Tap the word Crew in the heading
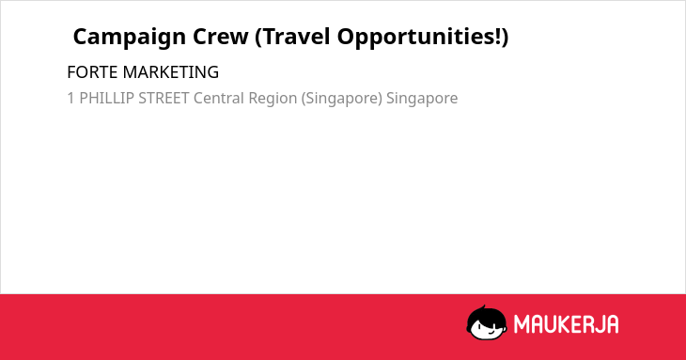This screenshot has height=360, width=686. click(x=221, y=37)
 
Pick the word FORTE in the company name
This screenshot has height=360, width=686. click(x=93, y=72)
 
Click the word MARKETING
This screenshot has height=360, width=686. click(x=171, y=72)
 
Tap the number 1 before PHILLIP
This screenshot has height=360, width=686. click(x=70, y=98)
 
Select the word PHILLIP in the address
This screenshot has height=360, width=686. click(x=106, y=98)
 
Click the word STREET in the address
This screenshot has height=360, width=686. click(x=164, y=98)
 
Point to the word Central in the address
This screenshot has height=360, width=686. click(x=219, y=98)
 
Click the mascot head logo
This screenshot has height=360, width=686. click(x=487, y=322)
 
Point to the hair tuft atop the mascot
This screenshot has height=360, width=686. click(x=483, y=308)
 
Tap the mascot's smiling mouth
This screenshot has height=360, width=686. click(x=490, y=332)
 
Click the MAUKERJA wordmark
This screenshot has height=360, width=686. click(x=566, y=324)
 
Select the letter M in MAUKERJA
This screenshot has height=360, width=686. click(x=521, y=324)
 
